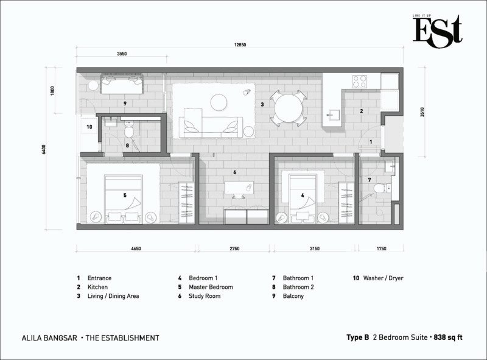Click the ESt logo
pyautogui.click(x=437, y=32)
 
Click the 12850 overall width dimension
pyautogui.click(x=240, y=44)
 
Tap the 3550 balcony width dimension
pyautogui.click(x=122, y=54)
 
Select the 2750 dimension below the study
pyautogui.click(x=234, y=249)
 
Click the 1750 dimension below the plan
pyautogui.click(x=382, y=249)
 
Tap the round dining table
pyautogui.click(x=288, y=108)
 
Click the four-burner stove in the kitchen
pyautogui.click(x=359, y=82)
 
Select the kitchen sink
pyautogui.click(x=332, y=115)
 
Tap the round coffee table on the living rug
pyautogui.click(x=219, y=102)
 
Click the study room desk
pyautogui.click(x=239, y=188)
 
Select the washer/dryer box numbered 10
pyautogui.click(x=89, y=127)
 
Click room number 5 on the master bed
pyautogui.click(x=125, y=196)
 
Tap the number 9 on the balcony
pyautogui.click(x=125, y=104)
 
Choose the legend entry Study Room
pyautogui.click(x=205, y=296)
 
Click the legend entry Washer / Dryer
pyautogui.click(x=384, y=278)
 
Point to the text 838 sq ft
pyautogui.click(x=448, y=337)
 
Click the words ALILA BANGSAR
pyautogui.click(x=49, y=338)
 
